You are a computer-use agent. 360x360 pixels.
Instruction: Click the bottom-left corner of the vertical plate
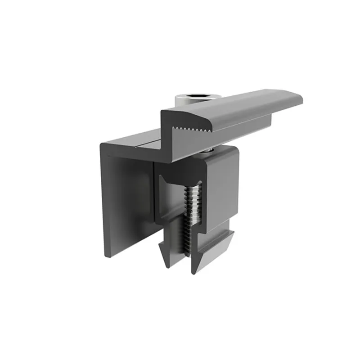pyautogui.click(x=106, y=256)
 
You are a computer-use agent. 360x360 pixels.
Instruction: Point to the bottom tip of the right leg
pyautogui.click(x=194, y=272)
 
